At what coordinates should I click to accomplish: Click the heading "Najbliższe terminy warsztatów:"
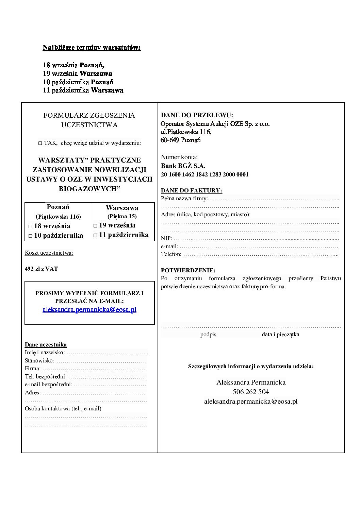click(x=92, y=48)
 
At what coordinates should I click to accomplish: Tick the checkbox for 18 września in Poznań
click(x=30, y=226)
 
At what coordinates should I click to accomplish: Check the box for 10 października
click(x=30, y=236)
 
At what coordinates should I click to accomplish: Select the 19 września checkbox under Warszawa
click(x=96, y=226)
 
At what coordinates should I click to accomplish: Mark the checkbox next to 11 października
click(x=96, y=235)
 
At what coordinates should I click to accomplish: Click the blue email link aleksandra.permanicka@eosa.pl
click(x=89, y=310)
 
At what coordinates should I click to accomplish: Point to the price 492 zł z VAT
click(x=42, y=269)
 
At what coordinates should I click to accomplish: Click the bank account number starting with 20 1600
click(x=204, y=175)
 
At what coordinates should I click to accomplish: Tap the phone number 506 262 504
click(x=251, y=392)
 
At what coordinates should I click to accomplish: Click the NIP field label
click(x=167, y=238)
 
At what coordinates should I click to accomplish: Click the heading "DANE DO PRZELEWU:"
click(x=197, y=115)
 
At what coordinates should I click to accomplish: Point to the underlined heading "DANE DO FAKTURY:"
click(x=191, y=190)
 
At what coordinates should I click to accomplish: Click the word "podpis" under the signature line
click(x=208, y=335)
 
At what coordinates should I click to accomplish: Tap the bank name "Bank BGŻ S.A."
click(x=183, y=166)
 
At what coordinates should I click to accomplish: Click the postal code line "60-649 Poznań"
click(x=181, y=140)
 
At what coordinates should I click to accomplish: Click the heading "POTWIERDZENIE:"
click(x=188, y=271)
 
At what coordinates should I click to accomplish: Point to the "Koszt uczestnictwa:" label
click(x=49, y=253)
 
